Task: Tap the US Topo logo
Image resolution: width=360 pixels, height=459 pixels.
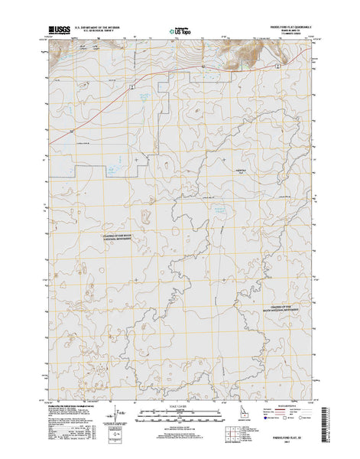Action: (x=178, y=34)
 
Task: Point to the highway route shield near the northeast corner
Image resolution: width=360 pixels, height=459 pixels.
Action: (x=277, y=67)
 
